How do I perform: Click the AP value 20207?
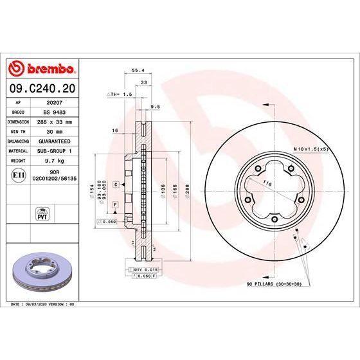(x=55, y=102)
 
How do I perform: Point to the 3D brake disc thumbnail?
(x=42, y=269)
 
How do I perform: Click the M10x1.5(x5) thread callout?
(x=311, y=148)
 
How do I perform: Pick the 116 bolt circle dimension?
(x=265, y=184)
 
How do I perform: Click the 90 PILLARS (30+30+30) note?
(x=273, y=283)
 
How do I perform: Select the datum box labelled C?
(x=116, y=184)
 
